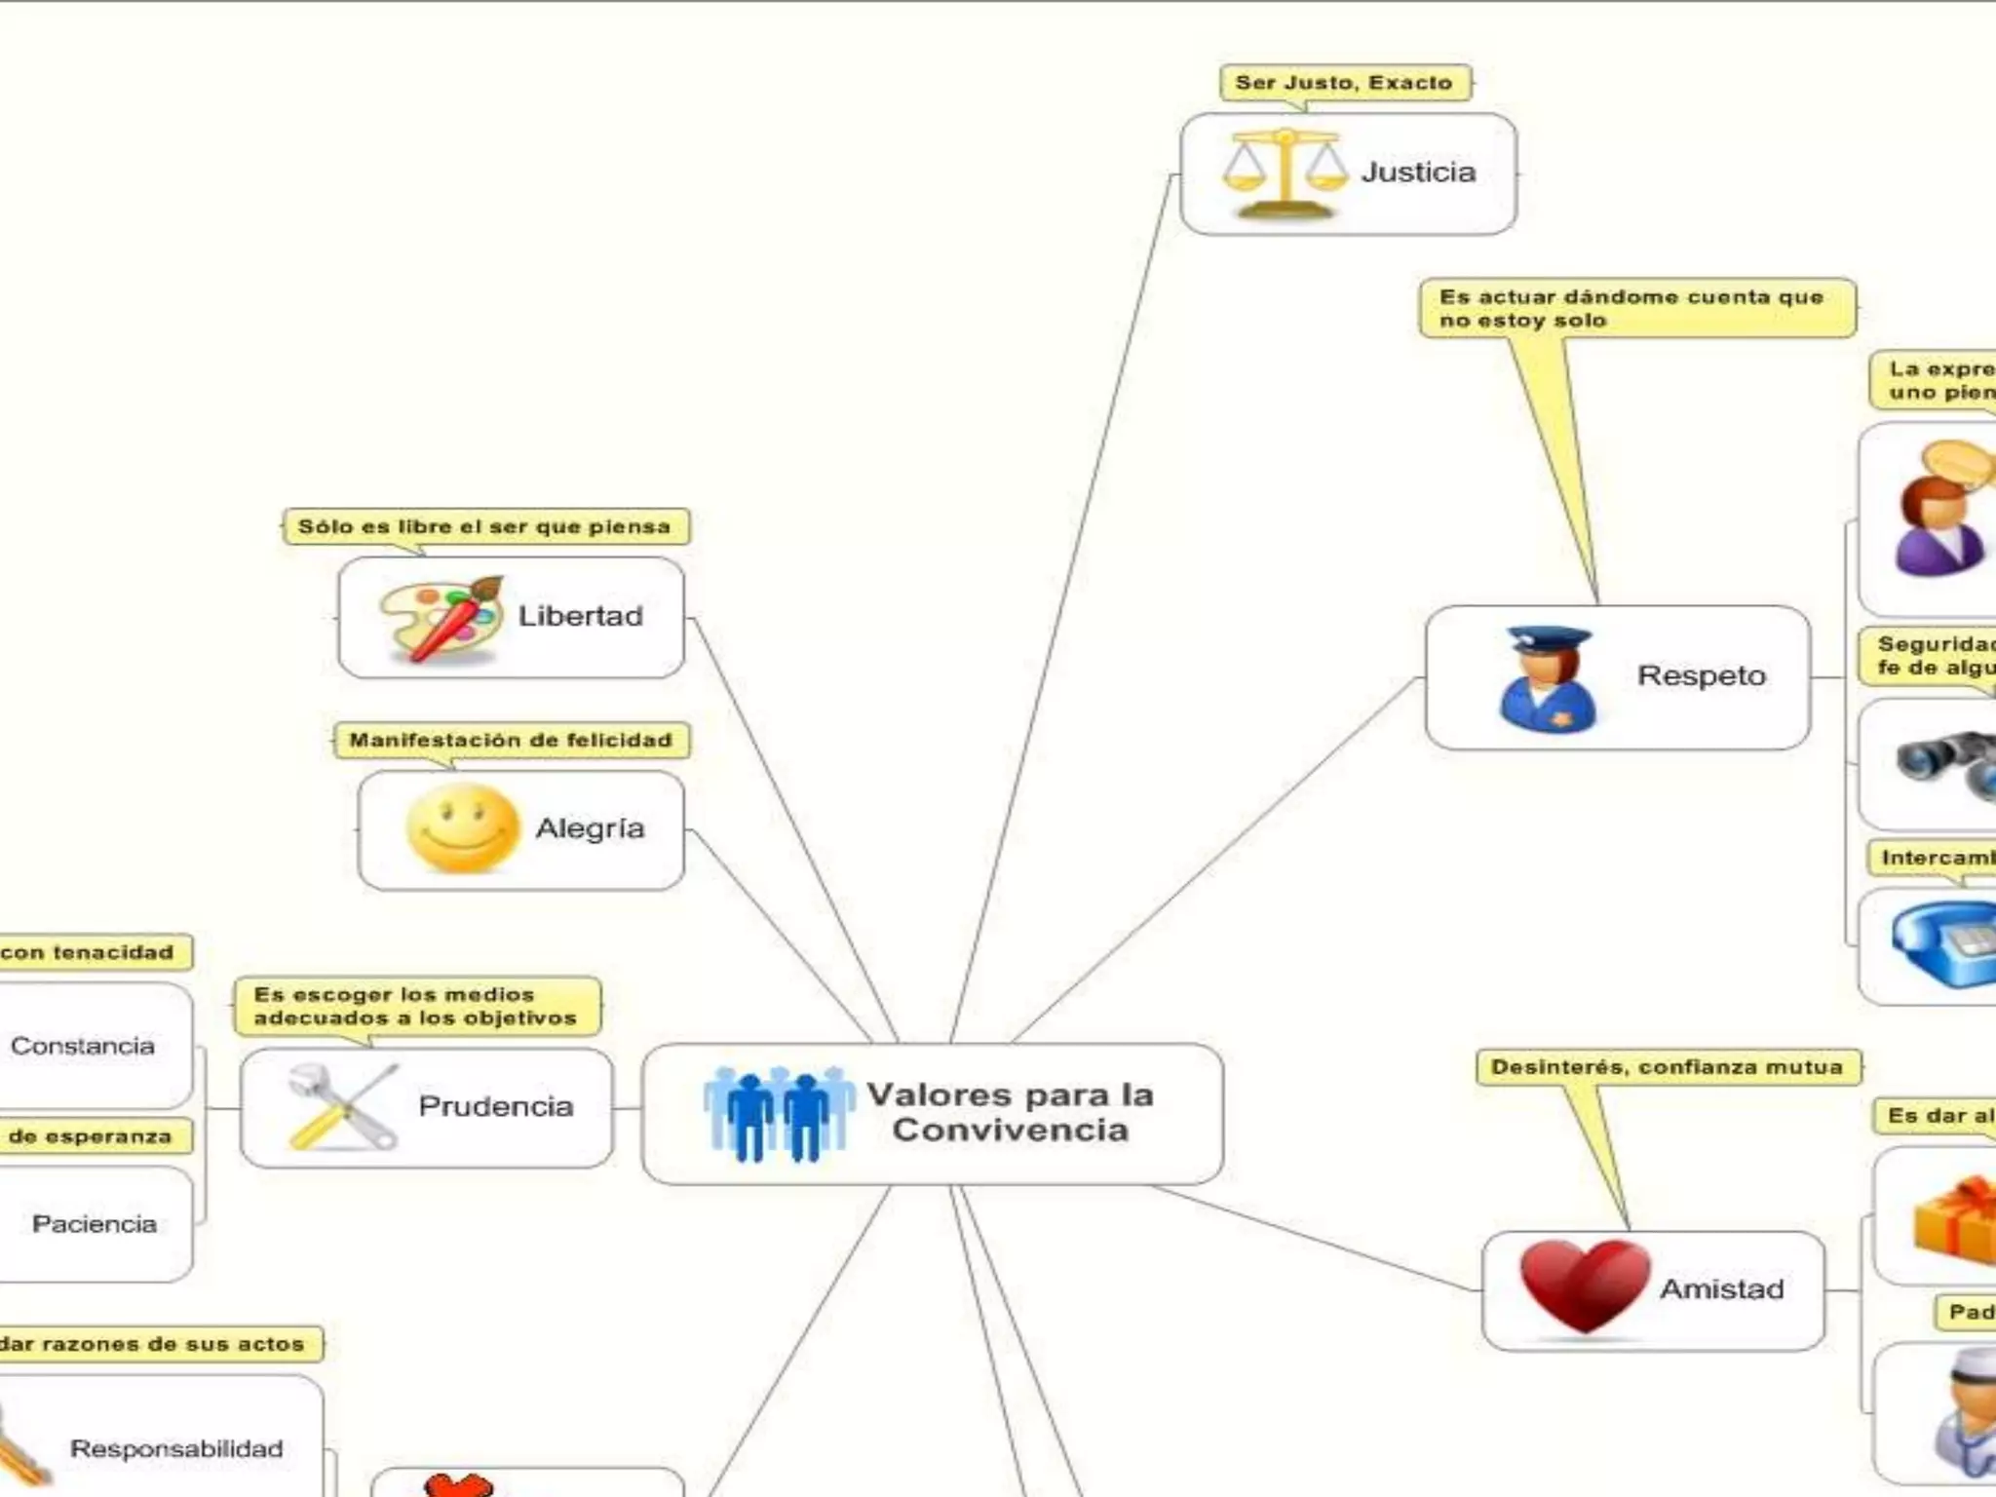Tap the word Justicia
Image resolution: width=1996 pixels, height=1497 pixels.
[1418, 173]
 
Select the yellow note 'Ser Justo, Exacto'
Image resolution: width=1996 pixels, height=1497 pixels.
[1344, 83]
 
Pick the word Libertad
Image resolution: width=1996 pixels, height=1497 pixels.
[580, 616]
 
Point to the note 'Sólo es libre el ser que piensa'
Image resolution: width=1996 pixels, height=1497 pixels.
[484, 527]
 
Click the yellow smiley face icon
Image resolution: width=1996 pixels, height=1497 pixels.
[462, 829]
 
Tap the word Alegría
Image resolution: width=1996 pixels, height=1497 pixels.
[590, 828]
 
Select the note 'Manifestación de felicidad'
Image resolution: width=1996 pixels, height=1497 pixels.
[511, 741]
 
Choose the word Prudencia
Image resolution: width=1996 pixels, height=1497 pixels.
[495, 1106]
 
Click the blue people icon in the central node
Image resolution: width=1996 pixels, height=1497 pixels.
[779, 1114]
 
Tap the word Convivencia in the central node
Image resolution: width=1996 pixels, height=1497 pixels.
[1010, 1131]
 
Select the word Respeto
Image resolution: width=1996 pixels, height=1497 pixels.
[1701, 675]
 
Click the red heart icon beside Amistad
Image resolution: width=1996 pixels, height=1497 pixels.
[1585, 1286]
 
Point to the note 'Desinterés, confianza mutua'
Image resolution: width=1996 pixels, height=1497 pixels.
[1667, 1067]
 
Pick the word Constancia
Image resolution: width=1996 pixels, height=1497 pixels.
[83, 1046]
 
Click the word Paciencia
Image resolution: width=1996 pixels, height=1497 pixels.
[95, 1224]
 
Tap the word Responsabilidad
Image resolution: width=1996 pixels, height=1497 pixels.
[176, 1449]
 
